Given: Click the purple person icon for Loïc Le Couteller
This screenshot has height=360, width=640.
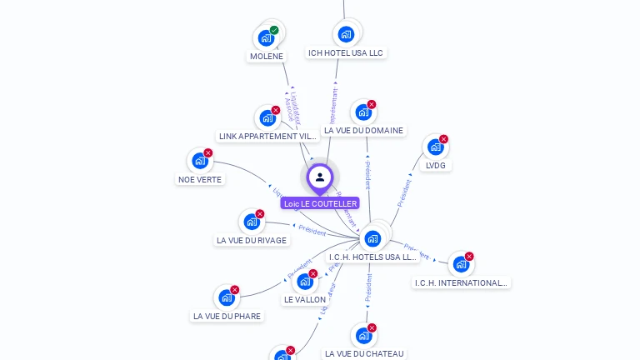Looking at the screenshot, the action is [x=320, y=177].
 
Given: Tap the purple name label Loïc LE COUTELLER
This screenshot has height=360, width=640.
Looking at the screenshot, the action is [x=320, y=203].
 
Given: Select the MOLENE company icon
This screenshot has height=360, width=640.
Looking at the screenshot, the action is [x=266, y=37].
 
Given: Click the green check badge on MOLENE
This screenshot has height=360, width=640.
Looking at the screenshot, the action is [x=274, y=30].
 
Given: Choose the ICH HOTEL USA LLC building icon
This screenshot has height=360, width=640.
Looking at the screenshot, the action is [x=346, y=34].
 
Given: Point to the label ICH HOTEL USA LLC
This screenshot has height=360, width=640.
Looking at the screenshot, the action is [x=346, y=52].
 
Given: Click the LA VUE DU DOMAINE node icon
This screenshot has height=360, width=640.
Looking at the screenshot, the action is [x=362, y=112].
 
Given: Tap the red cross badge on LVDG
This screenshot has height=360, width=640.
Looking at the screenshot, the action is [x=443, y=139].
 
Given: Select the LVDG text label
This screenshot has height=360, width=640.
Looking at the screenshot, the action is [x=436, y=165].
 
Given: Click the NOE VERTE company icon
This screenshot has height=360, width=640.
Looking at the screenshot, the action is [x=199, y=160].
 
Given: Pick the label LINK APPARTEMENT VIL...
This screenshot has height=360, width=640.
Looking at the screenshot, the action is [x=267, y=136].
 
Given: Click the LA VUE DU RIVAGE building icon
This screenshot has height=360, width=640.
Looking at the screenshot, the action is [x=251, y=222].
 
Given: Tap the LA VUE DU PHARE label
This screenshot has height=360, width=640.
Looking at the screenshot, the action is [x=227, y=316].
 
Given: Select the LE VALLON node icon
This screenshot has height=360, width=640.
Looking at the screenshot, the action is [x=305, y=281].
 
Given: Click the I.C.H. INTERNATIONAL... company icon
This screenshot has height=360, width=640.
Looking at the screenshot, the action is [x=461, y=264].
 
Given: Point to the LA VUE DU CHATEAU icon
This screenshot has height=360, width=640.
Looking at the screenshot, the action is [x=363, y=335].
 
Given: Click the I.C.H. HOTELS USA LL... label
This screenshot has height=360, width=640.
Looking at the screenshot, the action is [x=372, y=257].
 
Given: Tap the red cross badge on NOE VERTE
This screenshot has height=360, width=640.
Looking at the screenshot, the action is [x=208, y=152].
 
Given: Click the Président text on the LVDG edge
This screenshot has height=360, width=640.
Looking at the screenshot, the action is [x=404, y=192].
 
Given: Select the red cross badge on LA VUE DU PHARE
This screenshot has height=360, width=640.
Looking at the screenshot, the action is [x=235, y=290].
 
